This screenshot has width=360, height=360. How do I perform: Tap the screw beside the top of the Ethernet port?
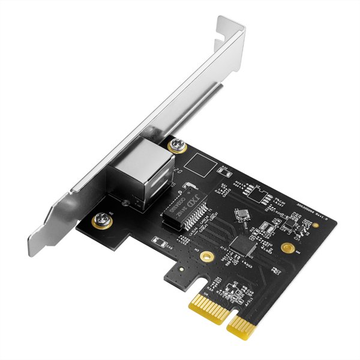pos(178,144)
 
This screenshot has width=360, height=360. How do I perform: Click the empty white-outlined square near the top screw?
pos(198,162)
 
